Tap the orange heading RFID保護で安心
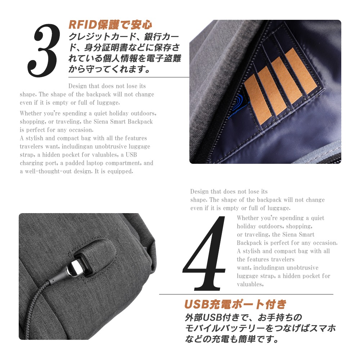click(x=110, y=25)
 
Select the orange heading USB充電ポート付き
click(x=235, y=304)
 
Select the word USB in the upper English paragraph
click(x=131, y=154)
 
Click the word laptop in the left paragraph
click(x=95, y=163)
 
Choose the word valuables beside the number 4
click(x=250, y=284)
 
